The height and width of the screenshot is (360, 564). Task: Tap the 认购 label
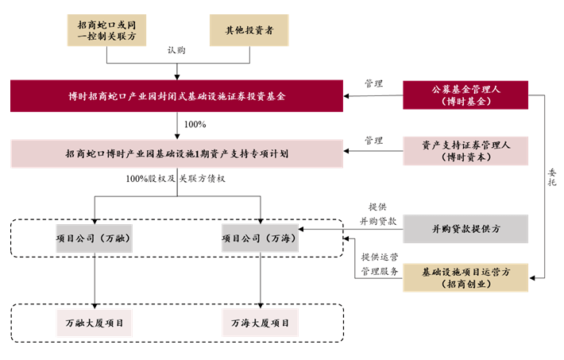176,49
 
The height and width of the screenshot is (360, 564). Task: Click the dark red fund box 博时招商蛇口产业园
176,96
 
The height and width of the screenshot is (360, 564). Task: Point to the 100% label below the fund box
195,125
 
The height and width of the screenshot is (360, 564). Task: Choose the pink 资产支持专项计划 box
176,153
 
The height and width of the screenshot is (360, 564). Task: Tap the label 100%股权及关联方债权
176,179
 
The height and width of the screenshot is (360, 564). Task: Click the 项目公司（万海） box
261,238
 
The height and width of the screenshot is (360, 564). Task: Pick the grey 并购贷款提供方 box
465,229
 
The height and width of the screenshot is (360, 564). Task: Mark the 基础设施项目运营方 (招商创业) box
465,278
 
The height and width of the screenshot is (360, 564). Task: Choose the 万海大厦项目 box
261,323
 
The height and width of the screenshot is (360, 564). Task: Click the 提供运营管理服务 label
380,264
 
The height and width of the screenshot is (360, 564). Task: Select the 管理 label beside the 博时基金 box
373,83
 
